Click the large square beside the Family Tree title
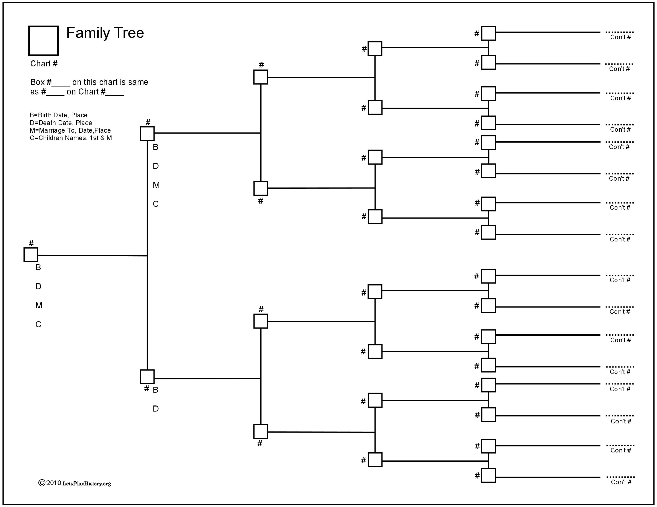pyautogui.click(x=44, y=40)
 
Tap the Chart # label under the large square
pyautogui.click(x=44, y=64)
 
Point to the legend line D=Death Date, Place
pyautogui.click(x=61, y=123)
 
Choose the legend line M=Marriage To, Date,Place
pyautogui.click(x=70, y=130)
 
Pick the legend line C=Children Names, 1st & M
pyautogui.click(x=71, y=138)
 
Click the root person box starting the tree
pyautogui.click(x=31, y=255)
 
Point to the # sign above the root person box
pyautogui.click(x=31, y=243)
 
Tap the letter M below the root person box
pyautogui.click(x=39, y=305)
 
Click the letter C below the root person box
pyautogui.click(x=38, y=325)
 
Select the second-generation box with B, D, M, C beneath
pyautogui.click(x=147, y=134)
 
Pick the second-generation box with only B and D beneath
pyautogui.click(x=147, y=377)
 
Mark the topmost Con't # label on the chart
pyautogui.click(x=620, y=37)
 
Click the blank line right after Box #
pyautogui.click(x=61, y=85)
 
